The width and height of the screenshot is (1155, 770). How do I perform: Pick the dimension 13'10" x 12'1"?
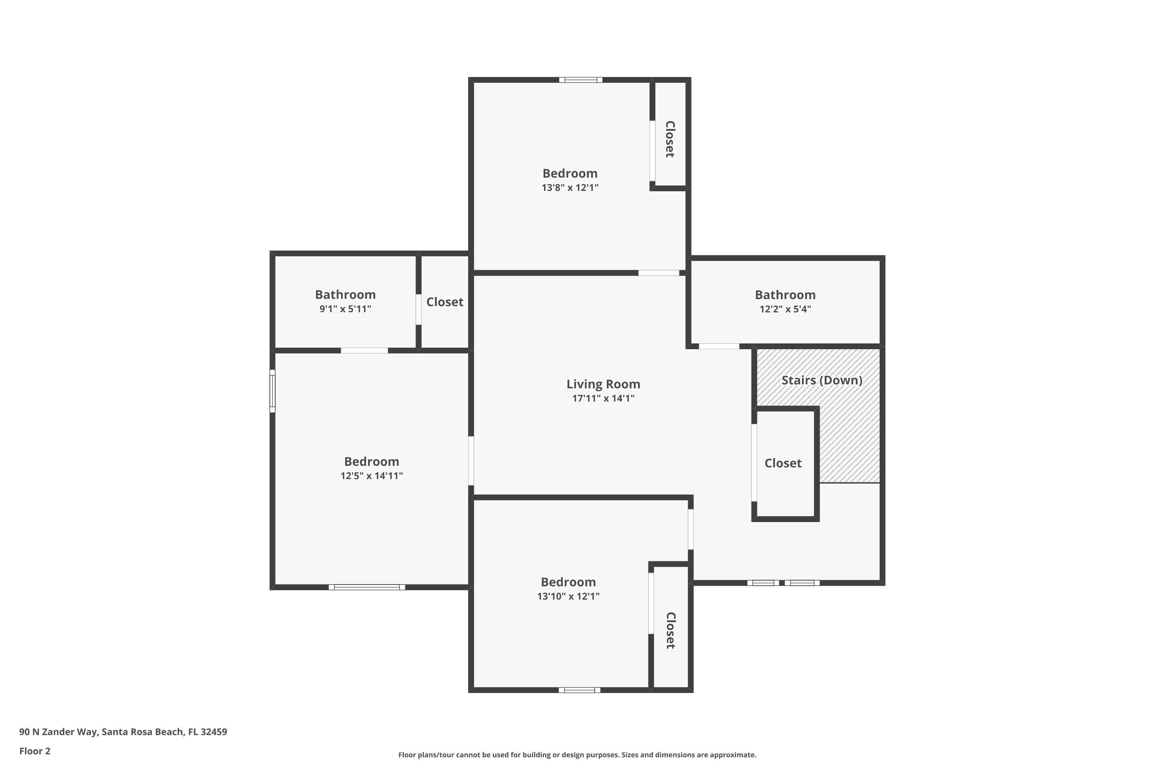pos(568,596)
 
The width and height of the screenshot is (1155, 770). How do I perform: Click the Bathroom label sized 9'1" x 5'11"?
pos(345,295)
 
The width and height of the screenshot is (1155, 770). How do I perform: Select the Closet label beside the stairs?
pos(783,463)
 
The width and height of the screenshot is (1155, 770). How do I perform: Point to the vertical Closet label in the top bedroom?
pos(670,139)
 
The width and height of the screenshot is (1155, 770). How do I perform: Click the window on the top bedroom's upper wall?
pos(581,80)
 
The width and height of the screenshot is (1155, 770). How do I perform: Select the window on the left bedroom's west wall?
pos(273,391)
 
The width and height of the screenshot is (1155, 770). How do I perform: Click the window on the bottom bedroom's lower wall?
pos(579,690)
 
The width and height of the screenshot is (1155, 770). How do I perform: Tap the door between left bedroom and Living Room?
pos(471,460)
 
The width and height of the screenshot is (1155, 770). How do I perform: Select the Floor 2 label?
pos(35,751)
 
